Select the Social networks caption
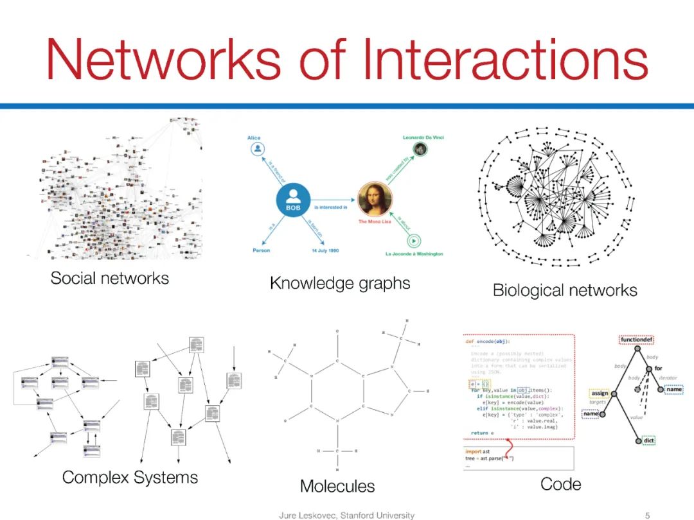110,278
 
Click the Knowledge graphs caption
340,282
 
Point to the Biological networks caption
565,290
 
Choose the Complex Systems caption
130,478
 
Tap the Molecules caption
337,486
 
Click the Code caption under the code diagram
561,484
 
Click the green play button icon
415,241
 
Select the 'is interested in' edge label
331,207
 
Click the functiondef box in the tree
637,340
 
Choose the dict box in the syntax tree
648,440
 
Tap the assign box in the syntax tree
600,393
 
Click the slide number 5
647,515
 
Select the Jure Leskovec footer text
346,515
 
